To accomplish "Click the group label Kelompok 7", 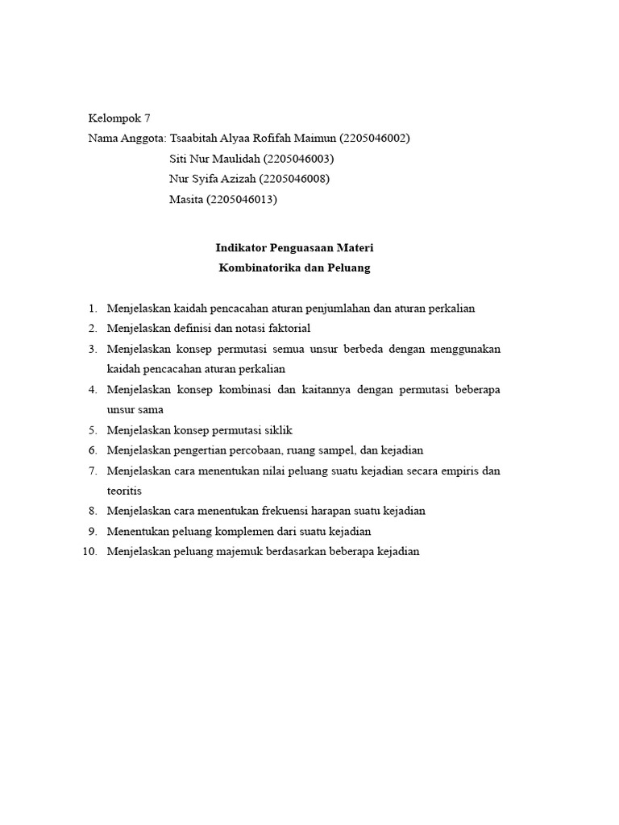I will coord(119,118).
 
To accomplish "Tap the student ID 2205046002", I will coord(376,138).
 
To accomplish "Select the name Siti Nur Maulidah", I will coord(215,159).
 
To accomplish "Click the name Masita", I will coord(186,200).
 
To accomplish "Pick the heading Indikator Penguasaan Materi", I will coord(294,247).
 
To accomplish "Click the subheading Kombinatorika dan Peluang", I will coord(294,267).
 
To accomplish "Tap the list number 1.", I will coord(92,308).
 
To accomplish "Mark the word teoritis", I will coord(124,491).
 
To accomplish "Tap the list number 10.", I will coord(89,552).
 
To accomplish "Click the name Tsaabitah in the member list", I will coord(193,138).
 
